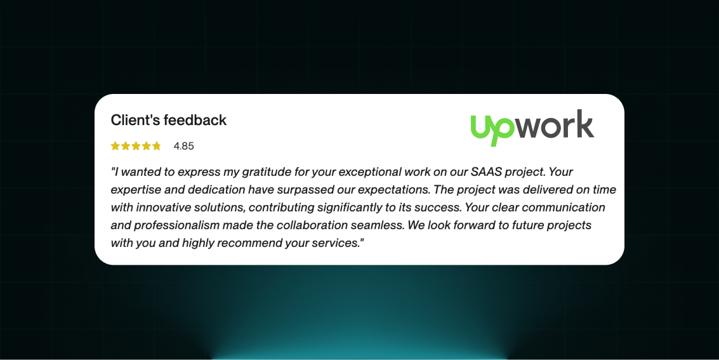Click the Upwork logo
pos(532,128)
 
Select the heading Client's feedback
pos(168,120)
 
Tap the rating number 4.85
pos(183,146)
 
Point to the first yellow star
pos(115,146)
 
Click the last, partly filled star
pos(157,146)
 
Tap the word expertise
pos(135,190)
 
